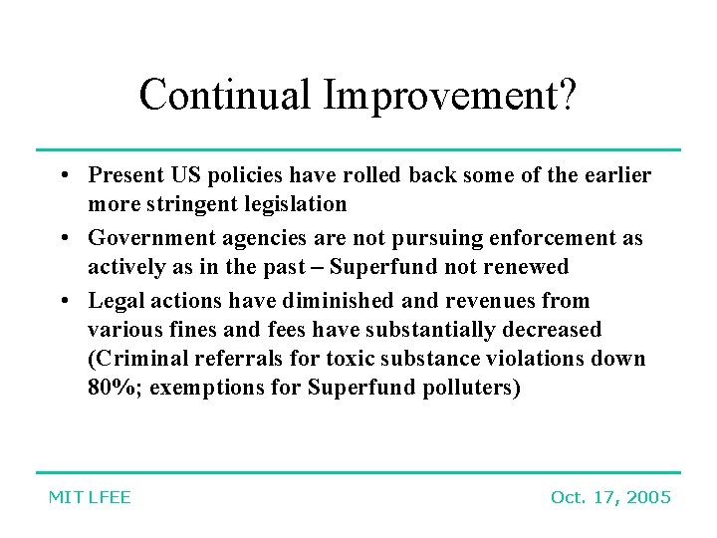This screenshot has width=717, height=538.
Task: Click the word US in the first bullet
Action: (x=184, y=176)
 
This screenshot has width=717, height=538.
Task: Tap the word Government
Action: (x=142, y=239)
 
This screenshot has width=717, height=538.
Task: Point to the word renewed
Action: (x=529, y=267)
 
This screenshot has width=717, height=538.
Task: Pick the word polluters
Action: (x=471, y=388)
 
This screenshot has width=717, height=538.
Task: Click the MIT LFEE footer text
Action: (x=90, y=497)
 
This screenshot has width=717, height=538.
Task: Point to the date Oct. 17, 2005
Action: (x=610, y=497)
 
